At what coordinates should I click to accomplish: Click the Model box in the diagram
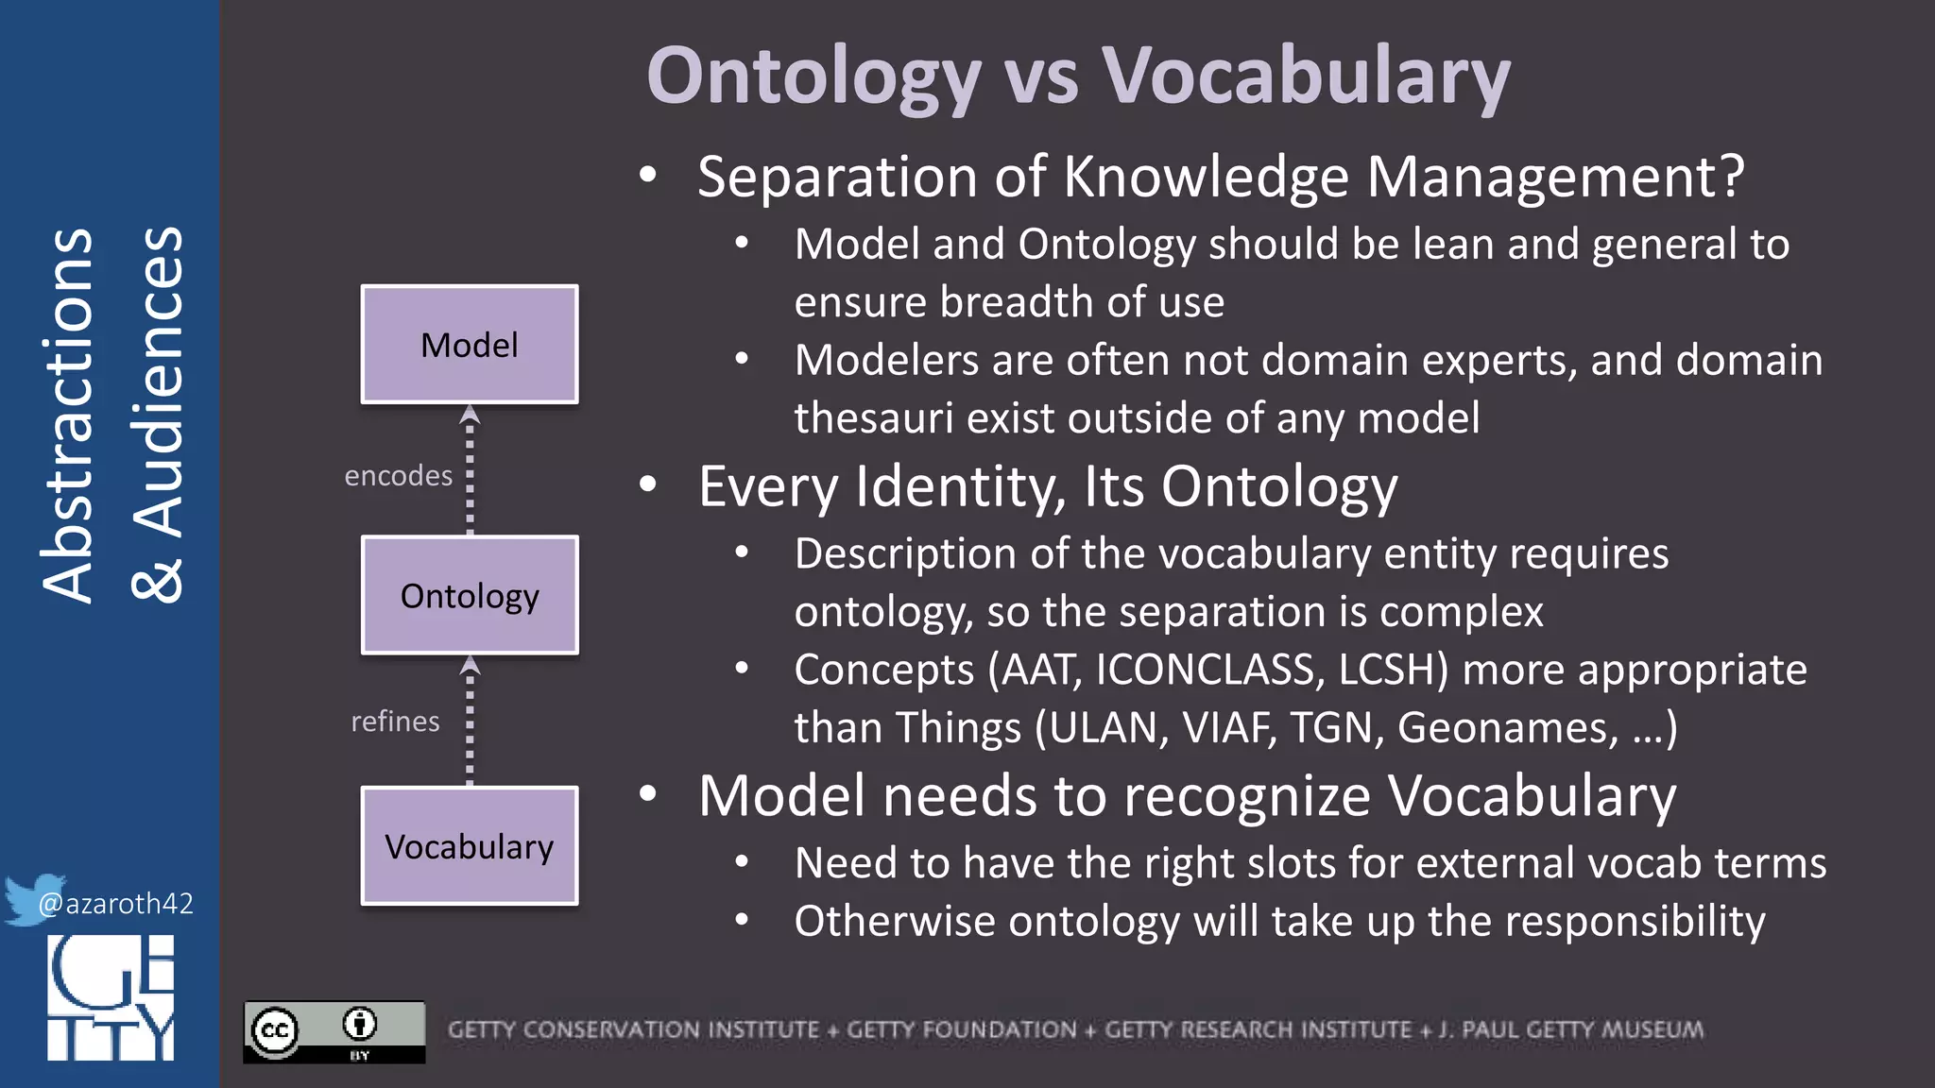point(470,345)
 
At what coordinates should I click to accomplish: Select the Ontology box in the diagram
point(470,596)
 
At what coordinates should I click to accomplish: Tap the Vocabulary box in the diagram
point(470,846)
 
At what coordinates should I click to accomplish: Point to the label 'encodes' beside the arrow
point(398,476)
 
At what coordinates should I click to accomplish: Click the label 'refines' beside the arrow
point(395,722)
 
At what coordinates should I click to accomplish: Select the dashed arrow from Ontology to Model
point(470,470)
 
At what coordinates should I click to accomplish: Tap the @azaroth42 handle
point(116,904)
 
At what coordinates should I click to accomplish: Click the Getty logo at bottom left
point(111,997)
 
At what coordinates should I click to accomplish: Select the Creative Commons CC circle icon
point(275,1030)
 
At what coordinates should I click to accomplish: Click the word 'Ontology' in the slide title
point(814,77)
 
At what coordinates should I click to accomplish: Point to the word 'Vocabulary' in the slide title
point(1306,77)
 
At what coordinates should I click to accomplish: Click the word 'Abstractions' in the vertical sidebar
point(68,416)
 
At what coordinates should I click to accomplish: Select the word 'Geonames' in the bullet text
point(1507,728)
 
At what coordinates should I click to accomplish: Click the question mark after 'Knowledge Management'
point(1732,177)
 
